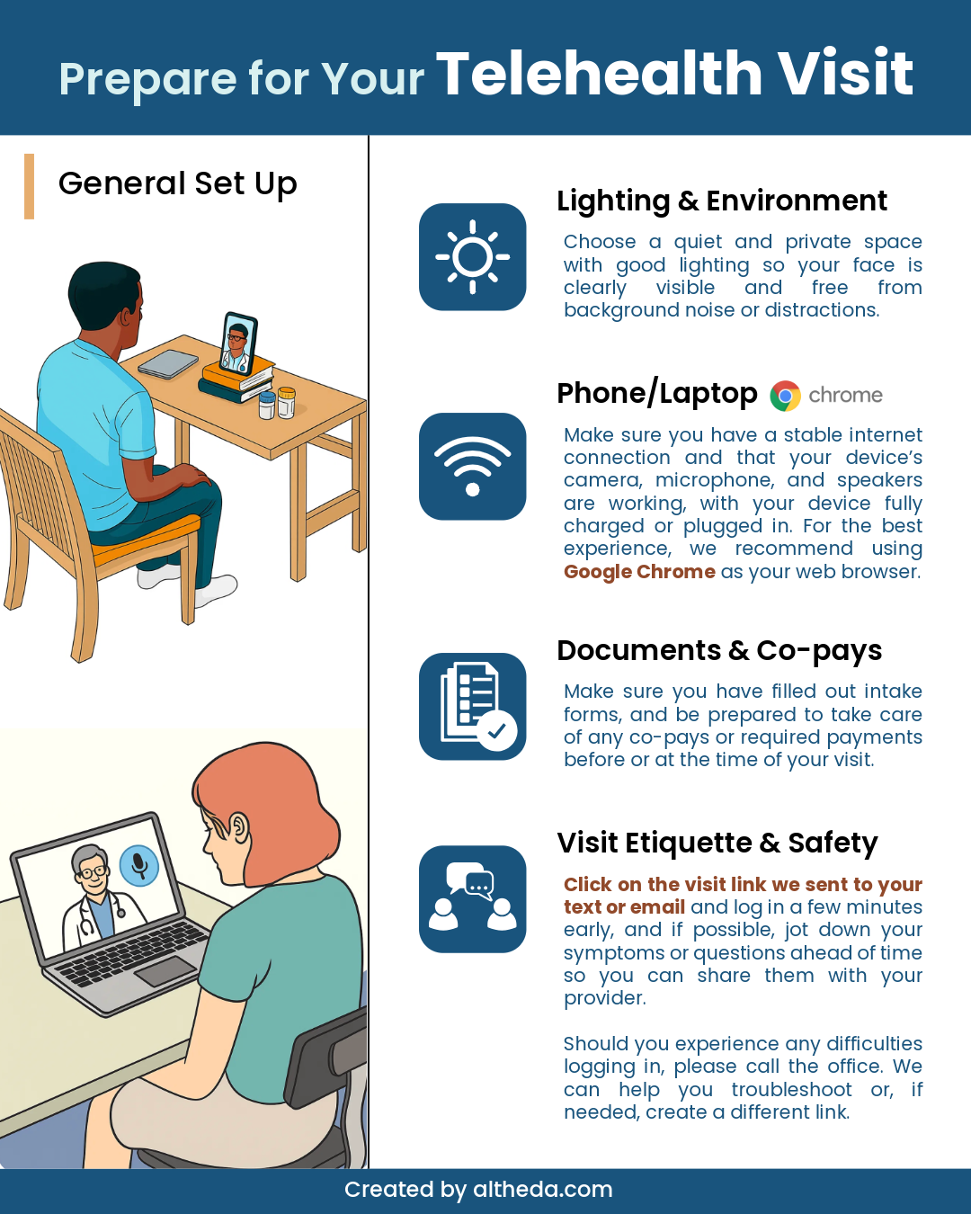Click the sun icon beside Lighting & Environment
tap(472, 256)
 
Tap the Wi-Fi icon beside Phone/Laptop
tap(472, 466)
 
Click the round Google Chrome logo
tap(785, 396)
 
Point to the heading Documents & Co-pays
tap(718, 650)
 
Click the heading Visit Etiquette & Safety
tap(717, 843)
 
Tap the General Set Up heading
tap(177, 184)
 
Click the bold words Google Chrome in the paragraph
tap(639, 571)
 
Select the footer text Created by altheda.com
tap(478, 1189)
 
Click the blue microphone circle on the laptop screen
tap(138, 866)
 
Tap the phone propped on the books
tap(238, 343)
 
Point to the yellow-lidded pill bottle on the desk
tap(287, 402)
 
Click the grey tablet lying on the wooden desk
tap(168, 364)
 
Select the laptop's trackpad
tap(165, 971)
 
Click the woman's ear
tap(239, 827)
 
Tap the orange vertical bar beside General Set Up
tap(30, 186)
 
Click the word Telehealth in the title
tap(599, 74)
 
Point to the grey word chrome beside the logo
tap(845, 396)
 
